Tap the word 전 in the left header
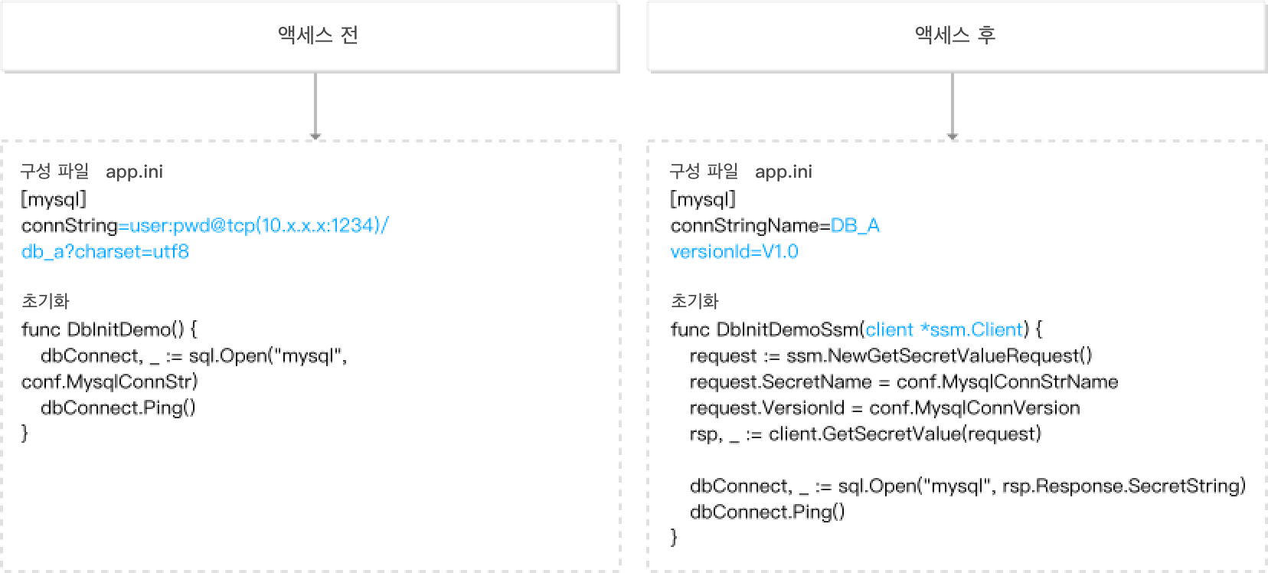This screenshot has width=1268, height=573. [x=349, y=35]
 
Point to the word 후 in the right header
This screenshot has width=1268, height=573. [x=986, y=35]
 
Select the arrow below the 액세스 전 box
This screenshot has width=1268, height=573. [x=315, y=106]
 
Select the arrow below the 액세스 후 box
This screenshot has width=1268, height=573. [x=952, y=106]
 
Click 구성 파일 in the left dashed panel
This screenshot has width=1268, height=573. [x=54, y=171]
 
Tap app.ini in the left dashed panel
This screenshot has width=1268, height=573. [x=134, y=172]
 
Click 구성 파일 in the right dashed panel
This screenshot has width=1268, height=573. [x=704, y=171]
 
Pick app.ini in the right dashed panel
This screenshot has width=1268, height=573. [x=783, y=172]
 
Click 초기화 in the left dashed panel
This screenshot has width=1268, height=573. [x=46, y=301]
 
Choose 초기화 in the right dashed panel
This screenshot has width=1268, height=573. [x=695, y=301]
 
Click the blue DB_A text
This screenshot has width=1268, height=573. [x=855, y=227]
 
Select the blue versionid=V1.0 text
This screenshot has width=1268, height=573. [x=734, y=252]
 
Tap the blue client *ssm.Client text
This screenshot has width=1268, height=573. [x=943, y=330]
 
